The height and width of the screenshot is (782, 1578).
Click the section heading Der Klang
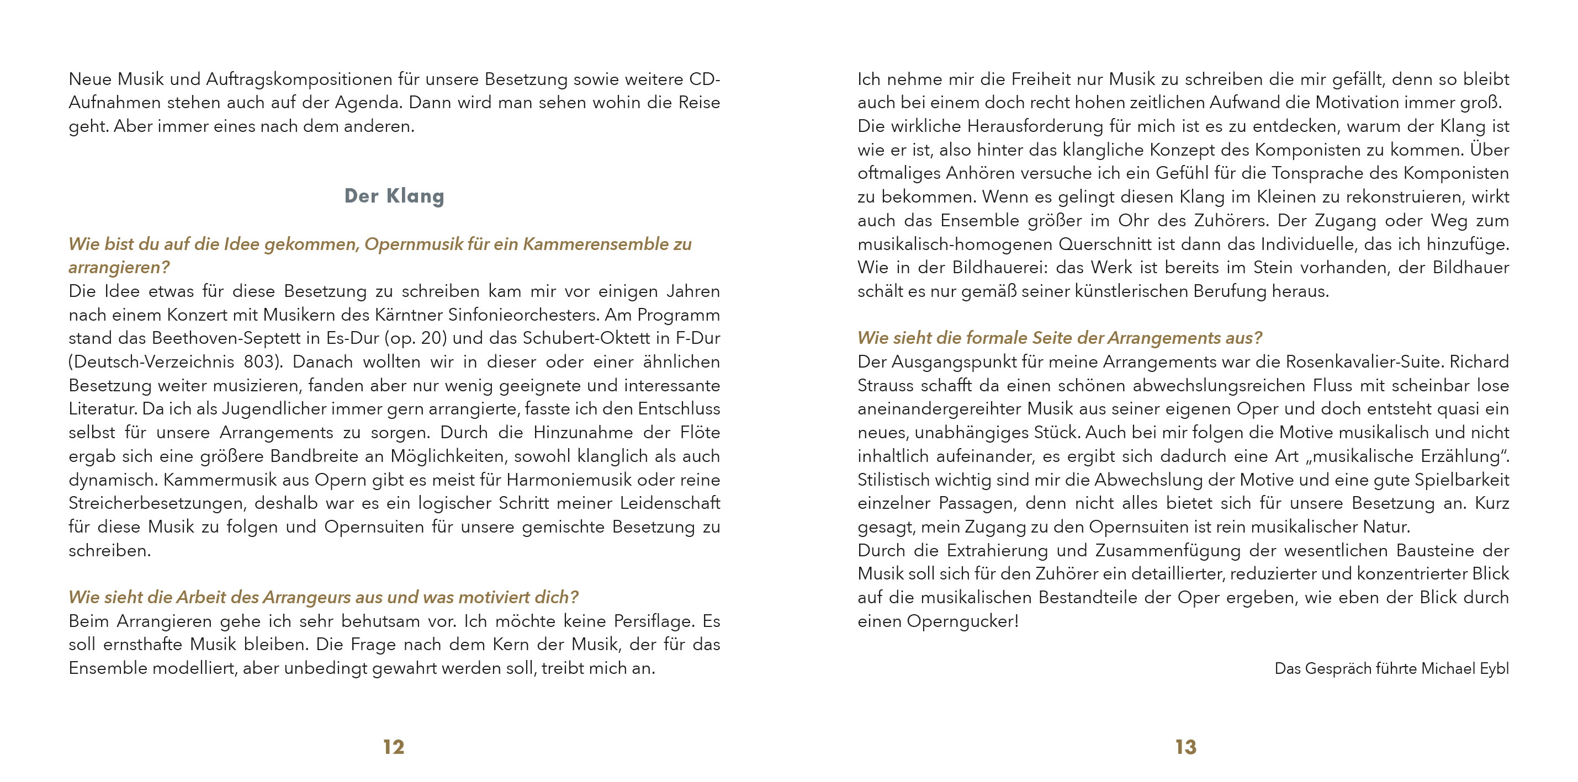[x=394, y=196]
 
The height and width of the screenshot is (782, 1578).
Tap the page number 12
[x=393, y=747]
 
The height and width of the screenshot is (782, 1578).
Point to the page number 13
[x=1185, y=747]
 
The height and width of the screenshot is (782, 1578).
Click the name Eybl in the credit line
[x=1494, y=668]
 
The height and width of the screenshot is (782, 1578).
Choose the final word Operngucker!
[x=962, y=621]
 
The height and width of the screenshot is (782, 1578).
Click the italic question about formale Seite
[x=1059, y=338]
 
